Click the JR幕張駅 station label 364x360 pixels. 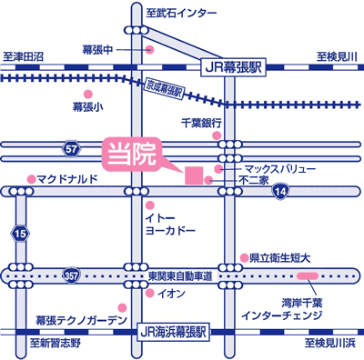tap(230, 66)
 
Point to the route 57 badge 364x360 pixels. tap(72, 146)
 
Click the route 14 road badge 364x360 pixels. tap(282, 191)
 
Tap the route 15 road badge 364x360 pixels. tap(21, 234)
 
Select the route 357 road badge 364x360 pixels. tap(72, 274)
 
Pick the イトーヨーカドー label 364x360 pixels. tap(170, 225)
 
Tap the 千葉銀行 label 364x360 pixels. tap(202, 122)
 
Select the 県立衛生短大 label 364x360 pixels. tap(281, 258)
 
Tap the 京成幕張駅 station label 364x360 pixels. tap(164, 90)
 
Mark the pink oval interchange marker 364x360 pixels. tap(307, 274)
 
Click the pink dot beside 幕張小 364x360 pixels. tap(88, 94)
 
